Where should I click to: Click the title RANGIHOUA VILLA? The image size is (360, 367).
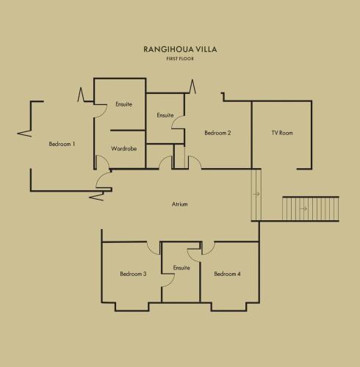point(180,49)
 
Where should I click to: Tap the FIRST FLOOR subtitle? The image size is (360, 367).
point(180,59)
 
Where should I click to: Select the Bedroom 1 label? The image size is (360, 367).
point(62,144)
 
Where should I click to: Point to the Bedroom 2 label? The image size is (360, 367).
point(217,133)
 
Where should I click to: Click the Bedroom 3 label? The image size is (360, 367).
point(133,274)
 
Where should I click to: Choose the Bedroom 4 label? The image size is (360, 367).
point(227,274)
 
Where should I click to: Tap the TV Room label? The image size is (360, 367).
point(282,133)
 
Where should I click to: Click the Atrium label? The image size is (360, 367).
point(179,204)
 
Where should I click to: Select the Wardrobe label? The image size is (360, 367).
point(123,148)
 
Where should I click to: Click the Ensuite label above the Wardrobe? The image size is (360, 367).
point(123,104)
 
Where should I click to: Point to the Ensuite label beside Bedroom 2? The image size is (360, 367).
point(165,115)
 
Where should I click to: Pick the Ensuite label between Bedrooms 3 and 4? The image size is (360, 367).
point(181,268)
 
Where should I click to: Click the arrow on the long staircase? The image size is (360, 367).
point(303,208)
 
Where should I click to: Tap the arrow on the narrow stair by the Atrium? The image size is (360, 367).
point(256,194)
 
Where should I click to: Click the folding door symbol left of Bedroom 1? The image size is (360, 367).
point(25,134)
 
